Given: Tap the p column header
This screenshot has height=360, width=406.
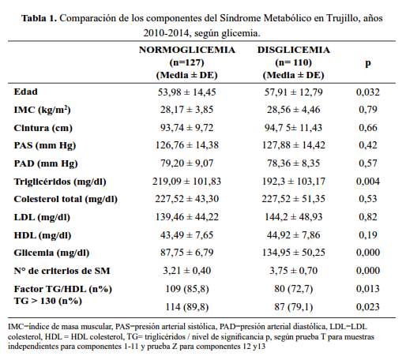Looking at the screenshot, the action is tap(368, 63).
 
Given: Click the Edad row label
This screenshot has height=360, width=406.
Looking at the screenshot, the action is tap(26, 92).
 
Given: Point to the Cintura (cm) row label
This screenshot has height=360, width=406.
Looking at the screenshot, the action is tap(43, 128).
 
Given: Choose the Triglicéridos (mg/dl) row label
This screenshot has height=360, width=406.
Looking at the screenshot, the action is tap(60, 182).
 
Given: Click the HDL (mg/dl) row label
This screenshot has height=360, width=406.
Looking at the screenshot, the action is tap(43, 235).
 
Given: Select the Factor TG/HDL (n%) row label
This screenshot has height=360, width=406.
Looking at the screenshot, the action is tap(63, 289).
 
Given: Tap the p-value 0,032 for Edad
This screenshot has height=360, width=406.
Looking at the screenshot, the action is tap(368, 92).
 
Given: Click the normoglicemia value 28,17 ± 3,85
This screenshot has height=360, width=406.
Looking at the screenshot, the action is tap(187, 110).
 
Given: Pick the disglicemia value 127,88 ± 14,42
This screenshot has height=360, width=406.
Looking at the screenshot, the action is tap(294, 145).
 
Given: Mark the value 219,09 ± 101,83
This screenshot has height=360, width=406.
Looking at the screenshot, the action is tap(187, 182).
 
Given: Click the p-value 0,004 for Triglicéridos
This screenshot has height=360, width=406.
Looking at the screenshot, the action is tap(368, 182).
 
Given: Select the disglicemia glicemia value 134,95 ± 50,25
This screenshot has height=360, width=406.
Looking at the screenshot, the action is tap(294, 253).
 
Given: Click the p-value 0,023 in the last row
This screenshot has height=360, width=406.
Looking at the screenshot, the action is tap(368, 307).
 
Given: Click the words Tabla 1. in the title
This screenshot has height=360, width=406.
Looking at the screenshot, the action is tap(39, 18).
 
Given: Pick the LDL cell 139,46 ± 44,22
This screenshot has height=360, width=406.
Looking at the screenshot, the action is tap(187, 217).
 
